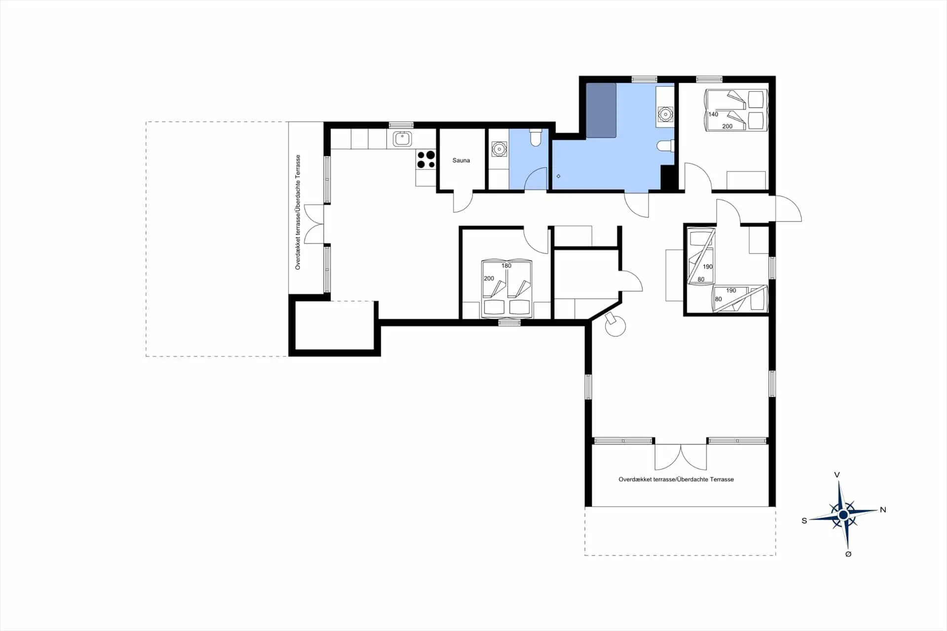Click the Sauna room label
[x=461, y=160]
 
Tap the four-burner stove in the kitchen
[x=426, y=159]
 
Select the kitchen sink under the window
[x=402, y=139]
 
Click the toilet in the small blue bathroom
[x=535, y=138]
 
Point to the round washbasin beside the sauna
[x=499, y=148]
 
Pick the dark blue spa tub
[x=601, y=111]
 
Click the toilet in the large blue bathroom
[x=666, y=146]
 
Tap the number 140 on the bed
[x=713, y=114]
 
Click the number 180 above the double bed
[x=506, y=265]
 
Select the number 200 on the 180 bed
[x=489, y=278]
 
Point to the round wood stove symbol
[x=615, y=325]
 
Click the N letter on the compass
[x=883, y=510]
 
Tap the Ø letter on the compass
[x=848, y=554]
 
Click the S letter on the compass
[x=804, y=520]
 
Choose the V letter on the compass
[x=837, y=475]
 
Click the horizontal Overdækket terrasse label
[x=676, y=479]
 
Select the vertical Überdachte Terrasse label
[x=298, y=212]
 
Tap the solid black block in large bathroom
[x=668, y=177]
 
